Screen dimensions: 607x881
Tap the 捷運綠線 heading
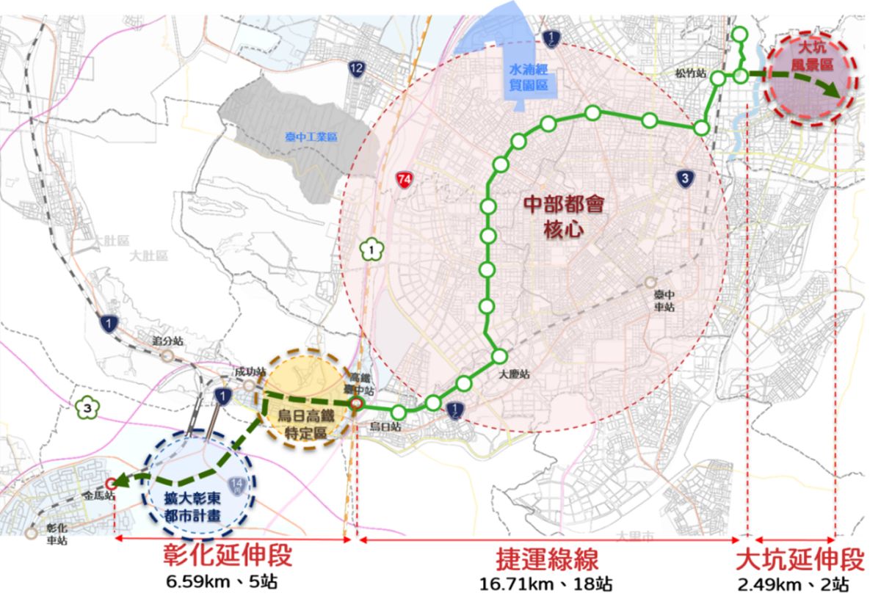tap(546, 559)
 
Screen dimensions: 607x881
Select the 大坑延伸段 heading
tap(800, 559)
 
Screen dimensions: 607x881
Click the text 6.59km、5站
tap(222, 583)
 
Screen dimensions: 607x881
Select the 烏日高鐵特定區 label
tap(302, 424)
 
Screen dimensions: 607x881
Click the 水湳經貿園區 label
tap(529, 77)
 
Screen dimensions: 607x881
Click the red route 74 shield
tap(402, 178)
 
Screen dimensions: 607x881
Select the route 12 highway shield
tap(357, 70)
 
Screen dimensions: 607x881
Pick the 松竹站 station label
tap(692, 74)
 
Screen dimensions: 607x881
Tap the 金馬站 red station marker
tap(111, 483)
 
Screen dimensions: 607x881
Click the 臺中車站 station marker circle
tap(650, 283)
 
